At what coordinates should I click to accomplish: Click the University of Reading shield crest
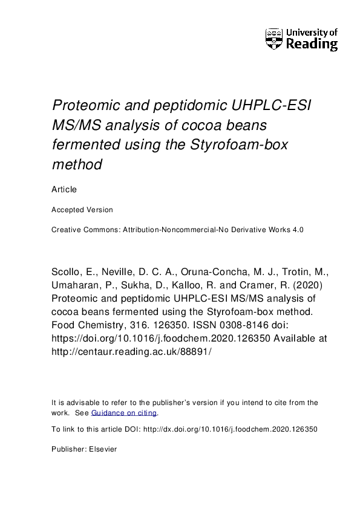coord(273,39)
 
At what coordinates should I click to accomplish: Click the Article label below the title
coord(64,189)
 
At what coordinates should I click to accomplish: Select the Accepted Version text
coord(82,210)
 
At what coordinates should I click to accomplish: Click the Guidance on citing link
coord(124,413)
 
